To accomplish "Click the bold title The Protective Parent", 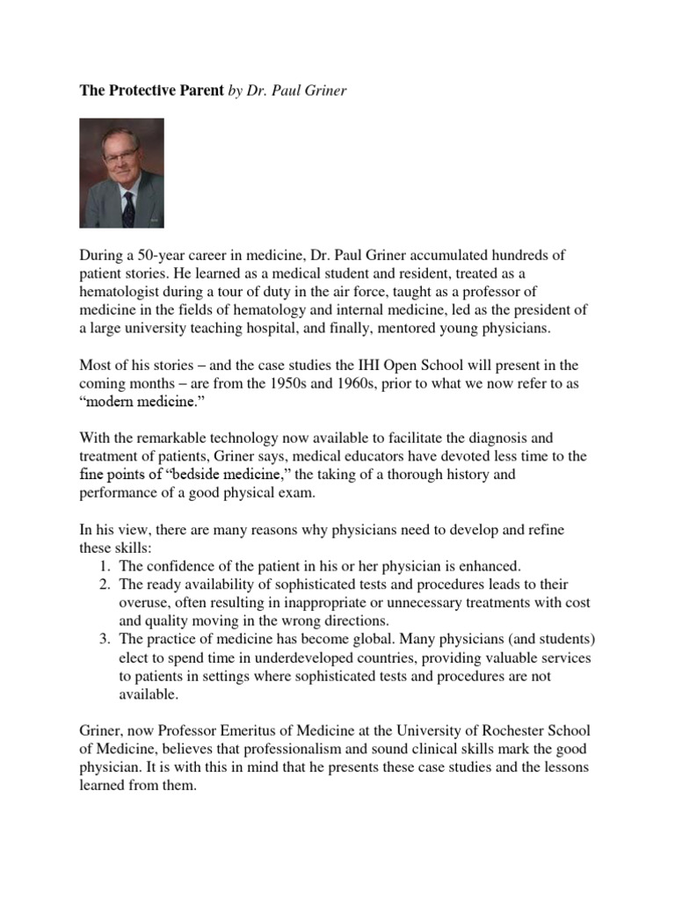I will [x=152, y=91].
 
